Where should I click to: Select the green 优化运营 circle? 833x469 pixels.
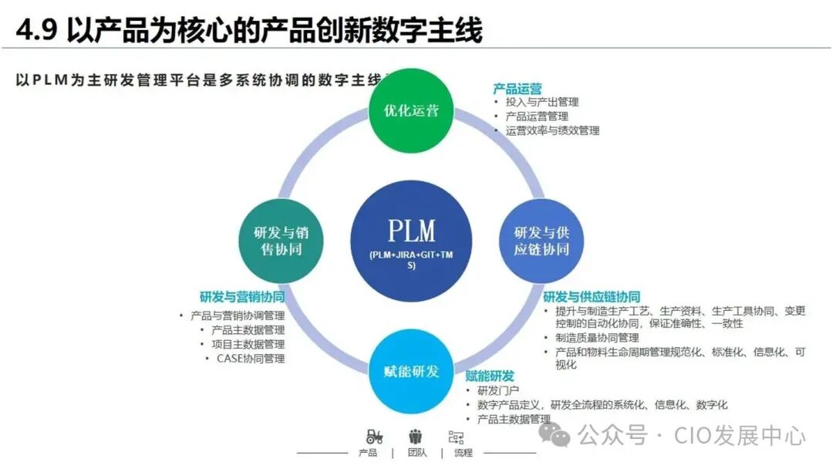pos(411,110)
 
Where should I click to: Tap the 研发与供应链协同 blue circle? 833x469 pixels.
pos(541,241)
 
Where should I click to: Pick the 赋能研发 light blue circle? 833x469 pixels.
pos(411,371)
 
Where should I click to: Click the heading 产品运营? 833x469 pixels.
pos(517,89)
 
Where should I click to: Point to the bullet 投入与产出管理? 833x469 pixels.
pos(541,102)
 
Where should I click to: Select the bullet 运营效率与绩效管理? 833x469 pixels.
pos(551,130)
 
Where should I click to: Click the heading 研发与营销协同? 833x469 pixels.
pos(241,297)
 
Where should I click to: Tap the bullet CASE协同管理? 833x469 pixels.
pos(250,359)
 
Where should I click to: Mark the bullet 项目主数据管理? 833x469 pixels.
pos(248,344)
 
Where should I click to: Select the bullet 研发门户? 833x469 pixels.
pos(497,390)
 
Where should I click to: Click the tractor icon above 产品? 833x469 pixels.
pos(374,436)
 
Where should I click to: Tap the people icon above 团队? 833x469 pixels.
pos(416,436)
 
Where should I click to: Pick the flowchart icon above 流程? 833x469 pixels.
pos(456,437)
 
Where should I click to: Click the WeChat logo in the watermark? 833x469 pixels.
pos(555,435)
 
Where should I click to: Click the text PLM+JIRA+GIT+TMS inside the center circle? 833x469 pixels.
pos(411,260)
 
